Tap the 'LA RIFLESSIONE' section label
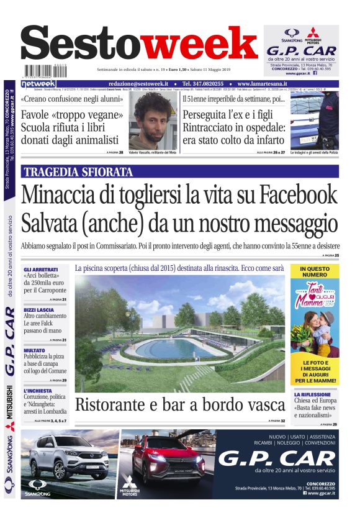point(314,394)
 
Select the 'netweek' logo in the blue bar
point(39,83)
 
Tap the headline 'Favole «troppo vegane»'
point(70,116)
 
